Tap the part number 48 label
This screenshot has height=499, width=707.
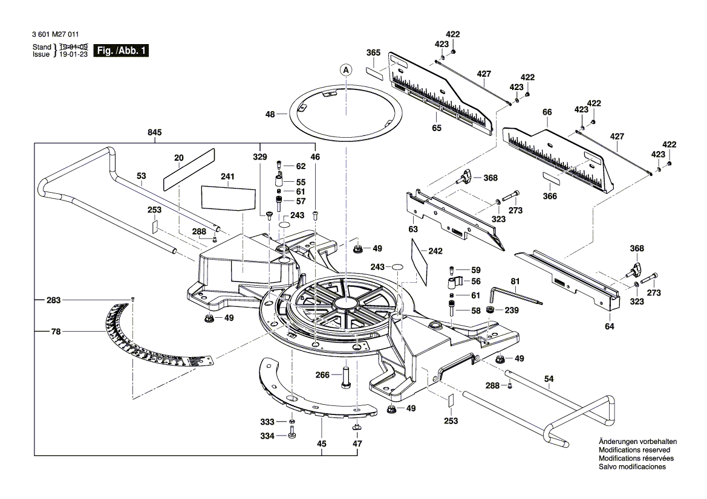coord(270,114)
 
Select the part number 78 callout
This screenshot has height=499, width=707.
coord(56,331)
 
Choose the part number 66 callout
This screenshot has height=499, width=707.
coord(547,112)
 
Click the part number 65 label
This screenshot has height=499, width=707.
coord(437,128)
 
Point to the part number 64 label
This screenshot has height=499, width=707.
coord(609,326)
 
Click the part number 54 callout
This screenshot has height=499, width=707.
coord(549,379)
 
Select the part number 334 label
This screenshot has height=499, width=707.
coord(267,436)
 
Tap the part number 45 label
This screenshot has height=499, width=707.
coord(322,444)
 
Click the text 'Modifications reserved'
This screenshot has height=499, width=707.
coord(634,450)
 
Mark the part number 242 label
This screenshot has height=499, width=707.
coord(435,251)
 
